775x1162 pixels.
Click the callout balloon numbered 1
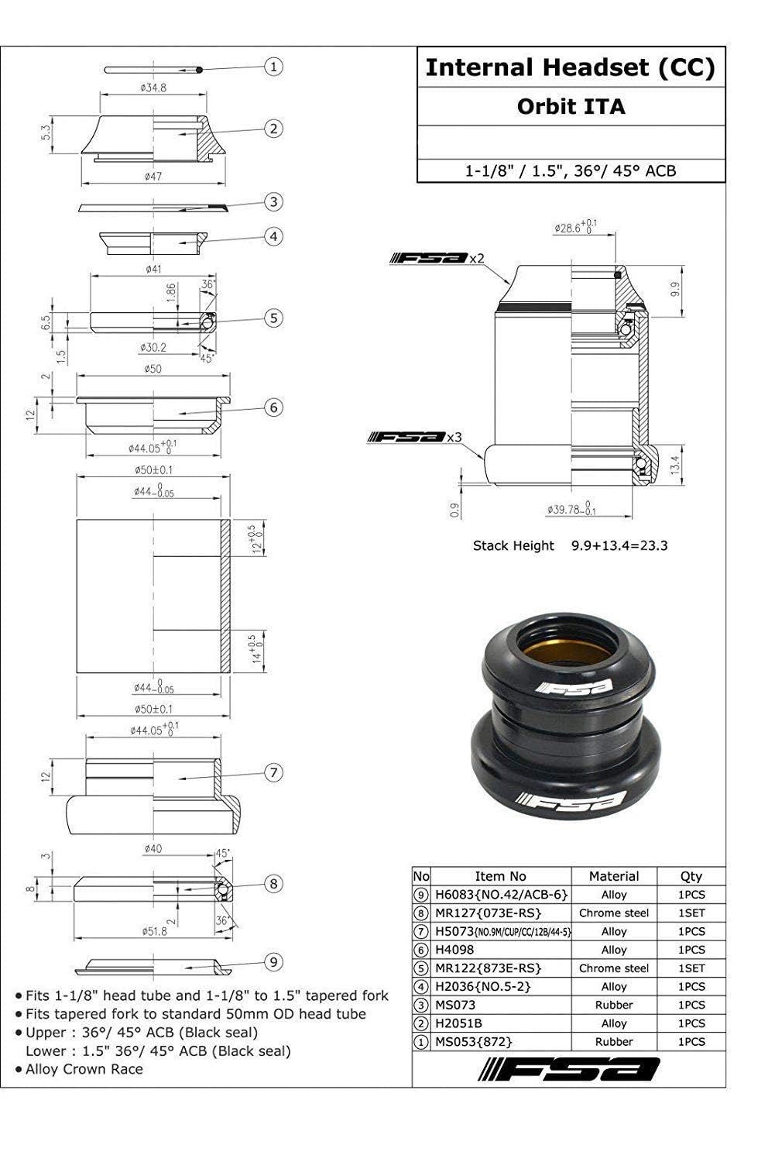click(x=273, y=67)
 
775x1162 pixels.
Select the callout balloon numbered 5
click(x=273, y=318)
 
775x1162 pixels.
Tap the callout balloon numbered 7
click(x=273, y=772)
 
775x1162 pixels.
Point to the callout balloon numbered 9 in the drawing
click(x=273, y=962)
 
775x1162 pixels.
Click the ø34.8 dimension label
click(x=153, y=88)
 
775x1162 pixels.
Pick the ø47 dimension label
click(x=153, y=177)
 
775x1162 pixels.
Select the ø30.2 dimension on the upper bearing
click(x=153, y=347)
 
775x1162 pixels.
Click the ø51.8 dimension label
click(x=153, y=931)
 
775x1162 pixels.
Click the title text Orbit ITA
click(x=571, y=106)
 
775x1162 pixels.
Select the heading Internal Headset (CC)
click(x=571, y=67)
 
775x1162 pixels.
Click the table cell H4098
click(x=454, y=950)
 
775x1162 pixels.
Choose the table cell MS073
click(x=454, y=1005)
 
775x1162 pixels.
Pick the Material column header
click(x=614, y=876)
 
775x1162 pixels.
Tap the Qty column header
click(x=691, y=876)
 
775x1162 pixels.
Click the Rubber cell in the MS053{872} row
click(x=614, y=1042)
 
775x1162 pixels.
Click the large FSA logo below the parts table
click(x=569, y=1069)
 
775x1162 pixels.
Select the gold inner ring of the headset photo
click(x=567, y=651)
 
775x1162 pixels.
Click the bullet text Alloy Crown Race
click(x=84, y=1069)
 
